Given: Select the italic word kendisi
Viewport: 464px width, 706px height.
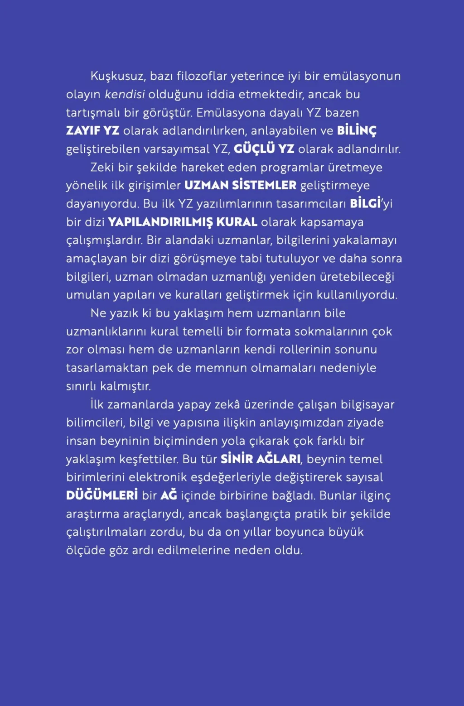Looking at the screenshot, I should pos(125,94).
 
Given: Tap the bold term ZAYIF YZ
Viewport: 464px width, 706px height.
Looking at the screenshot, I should pos(92,131).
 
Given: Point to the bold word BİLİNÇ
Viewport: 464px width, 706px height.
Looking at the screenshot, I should pos(357,131).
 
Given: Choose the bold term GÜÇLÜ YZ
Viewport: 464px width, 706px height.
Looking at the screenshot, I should pos(264,149).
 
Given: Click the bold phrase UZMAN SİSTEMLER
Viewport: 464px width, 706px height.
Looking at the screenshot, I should pos(240,185).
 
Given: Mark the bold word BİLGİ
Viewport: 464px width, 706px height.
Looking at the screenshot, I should pos(365,203).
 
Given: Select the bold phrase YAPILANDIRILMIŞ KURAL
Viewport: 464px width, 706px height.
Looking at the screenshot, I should pos(183,222).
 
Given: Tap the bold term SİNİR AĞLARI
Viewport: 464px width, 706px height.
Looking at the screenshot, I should pos(261,459).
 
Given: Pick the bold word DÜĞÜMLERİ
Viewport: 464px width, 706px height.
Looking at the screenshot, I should pos(102,495).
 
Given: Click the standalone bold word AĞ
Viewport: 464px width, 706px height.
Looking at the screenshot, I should pos(169,495).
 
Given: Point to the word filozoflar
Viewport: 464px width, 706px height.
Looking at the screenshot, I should pos(202,76).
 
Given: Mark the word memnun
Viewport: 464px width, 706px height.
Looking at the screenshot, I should pos(221,368).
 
